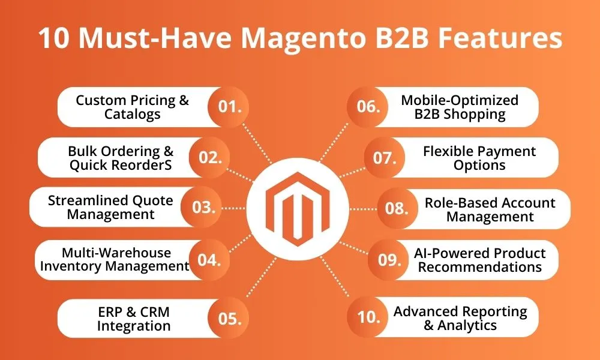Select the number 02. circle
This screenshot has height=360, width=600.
(x=211, y=158)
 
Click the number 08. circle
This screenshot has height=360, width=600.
(x=397, y=208)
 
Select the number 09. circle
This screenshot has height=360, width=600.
(x=389, y=260)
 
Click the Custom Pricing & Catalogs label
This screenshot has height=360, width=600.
(x=133, y=107)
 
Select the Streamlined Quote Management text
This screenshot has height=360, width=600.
(x=110, y=208)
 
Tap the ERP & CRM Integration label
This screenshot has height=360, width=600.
(x=134, y=318)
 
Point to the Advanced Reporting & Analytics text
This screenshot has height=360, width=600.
(x=460, y=318)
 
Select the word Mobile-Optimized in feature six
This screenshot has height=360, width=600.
(x=460, y=100)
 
